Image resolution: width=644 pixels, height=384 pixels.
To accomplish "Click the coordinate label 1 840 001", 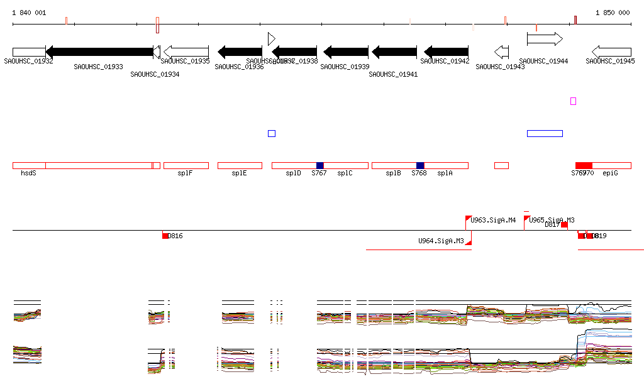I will (29, 13).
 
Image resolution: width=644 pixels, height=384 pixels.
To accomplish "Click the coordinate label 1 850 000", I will (613, 13).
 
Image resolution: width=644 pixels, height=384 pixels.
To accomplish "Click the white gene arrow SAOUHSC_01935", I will (186, 52).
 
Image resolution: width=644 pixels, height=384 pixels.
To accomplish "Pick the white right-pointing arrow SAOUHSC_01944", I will (545, 39).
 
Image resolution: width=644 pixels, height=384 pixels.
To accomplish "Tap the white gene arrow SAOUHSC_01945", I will (611, 52).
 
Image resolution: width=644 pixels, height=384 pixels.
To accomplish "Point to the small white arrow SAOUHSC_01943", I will (501, 52).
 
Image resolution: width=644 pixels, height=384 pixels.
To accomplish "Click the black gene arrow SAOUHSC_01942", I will (446, 52).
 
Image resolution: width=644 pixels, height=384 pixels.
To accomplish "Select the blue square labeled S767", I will (319, 165).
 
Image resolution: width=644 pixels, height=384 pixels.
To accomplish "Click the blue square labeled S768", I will (420, 165).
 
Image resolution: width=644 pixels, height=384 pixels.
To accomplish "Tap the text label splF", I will (185, 173).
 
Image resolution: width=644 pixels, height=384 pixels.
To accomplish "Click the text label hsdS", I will (28, 173).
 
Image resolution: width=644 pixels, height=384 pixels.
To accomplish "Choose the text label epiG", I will (610, 173).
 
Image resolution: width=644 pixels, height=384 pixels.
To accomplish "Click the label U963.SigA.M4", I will (494, 220).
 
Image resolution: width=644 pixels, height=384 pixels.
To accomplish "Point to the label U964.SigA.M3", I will (441, 241).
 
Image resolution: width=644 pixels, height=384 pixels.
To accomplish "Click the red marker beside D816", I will (165, 236).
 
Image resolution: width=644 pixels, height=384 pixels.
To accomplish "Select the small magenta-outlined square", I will (573, 101).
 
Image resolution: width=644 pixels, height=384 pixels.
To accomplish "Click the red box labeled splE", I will (240, 165).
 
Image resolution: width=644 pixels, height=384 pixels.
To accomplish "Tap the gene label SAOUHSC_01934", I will (155, 74).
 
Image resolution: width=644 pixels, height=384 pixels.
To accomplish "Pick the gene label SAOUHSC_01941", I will (393, 74).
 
